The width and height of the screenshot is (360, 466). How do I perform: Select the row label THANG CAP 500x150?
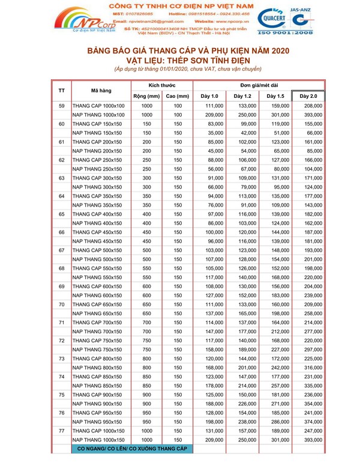point(98,249)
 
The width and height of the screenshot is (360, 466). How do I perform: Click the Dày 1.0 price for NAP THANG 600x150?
point(209,295)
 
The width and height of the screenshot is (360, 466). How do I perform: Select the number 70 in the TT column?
point(62,304)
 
